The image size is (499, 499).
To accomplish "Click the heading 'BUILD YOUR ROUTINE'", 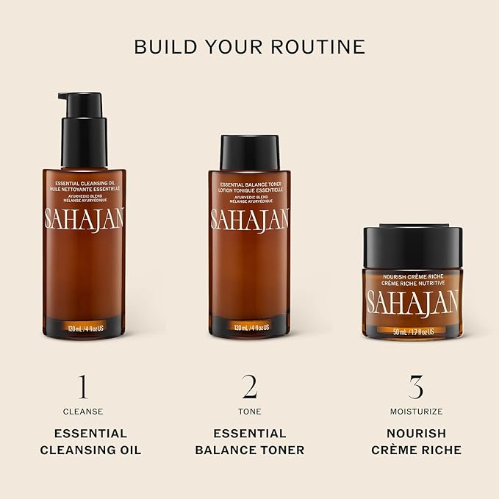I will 249,46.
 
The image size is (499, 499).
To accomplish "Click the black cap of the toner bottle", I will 249,152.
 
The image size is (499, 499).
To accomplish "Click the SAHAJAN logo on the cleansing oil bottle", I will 83,218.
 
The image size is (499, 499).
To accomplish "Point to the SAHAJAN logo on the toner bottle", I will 249,218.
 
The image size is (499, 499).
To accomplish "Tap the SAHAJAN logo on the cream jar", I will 413,301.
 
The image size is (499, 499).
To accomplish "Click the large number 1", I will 83,387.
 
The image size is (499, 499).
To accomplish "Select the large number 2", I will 249,387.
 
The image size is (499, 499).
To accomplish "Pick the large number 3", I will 416,387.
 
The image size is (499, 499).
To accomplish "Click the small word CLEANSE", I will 83,412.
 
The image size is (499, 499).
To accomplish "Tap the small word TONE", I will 249,412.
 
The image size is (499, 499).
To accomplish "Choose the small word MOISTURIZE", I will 416,412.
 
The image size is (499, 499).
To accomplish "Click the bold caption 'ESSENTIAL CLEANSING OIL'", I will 83,442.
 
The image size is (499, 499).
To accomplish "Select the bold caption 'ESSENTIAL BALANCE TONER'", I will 249,442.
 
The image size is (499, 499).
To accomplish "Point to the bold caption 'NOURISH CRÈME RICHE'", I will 416,442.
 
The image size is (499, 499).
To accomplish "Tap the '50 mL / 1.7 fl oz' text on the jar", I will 413,331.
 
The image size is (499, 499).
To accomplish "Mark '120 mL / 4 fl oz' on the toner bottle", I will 249,327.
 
